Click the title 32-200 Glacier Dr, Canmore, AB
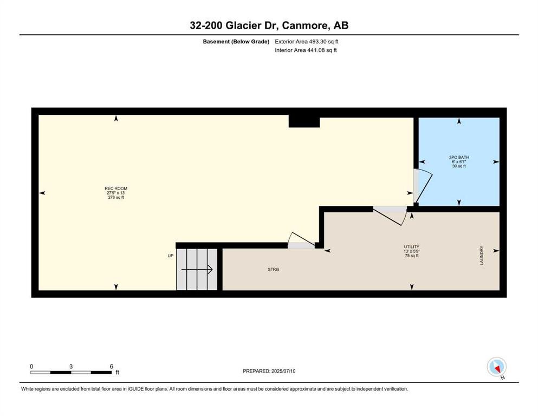269,25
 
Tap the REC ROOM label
116,188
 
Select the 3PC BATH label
459,158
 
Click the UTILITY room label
411,246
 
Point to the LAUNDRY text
482,255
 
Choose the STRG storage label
274,270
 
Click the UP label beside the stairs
171,256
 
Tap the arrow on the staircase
197,270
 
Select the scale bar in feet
71,372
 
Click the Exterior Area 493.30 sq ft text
307,42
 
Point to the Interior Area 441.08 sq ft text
306,50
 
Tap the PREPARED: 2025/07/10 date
269,371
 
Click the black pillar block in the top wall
304,121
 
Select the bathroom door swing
423,186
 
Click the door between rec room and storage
301,240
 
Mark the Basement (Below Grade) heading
236,42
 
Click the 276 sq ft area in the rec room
116,198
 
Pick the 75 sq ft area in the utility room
411,256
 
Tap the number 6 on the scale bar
112,366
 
